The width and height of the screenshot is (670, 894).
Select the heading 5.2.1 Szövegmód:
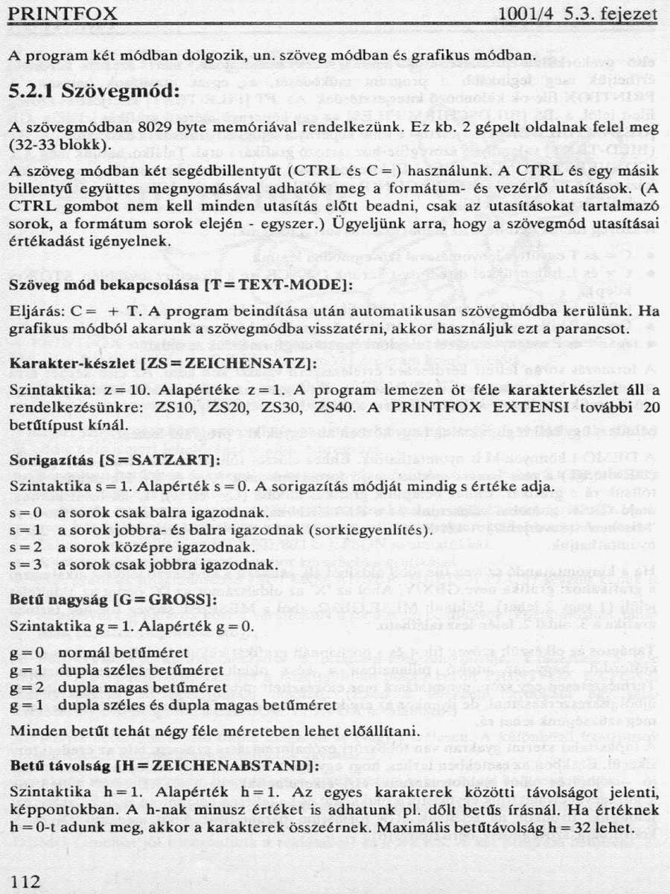point(95,93)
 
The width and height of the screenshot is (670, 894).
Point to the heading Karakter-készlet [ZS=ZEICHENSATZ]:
point(163,362)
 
